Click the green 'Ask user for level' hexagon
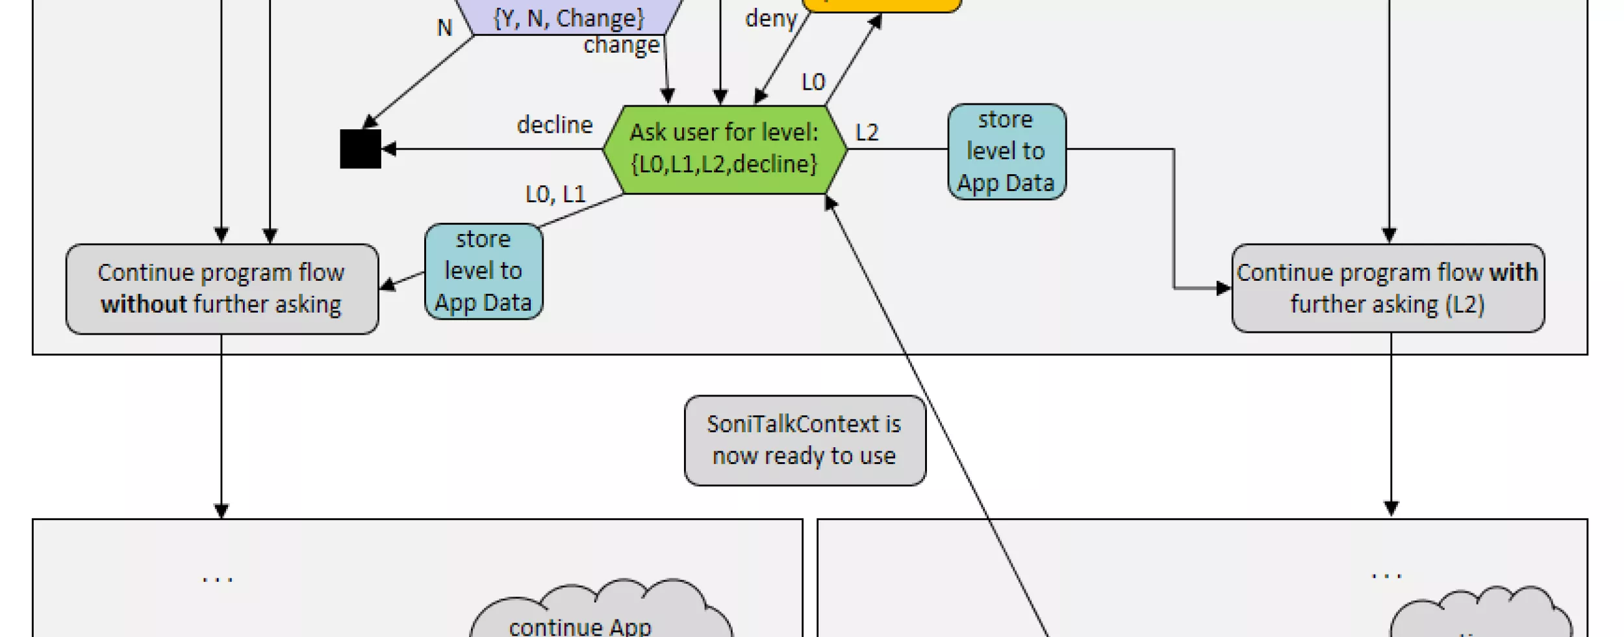coord(724,149)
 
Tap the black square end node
coord(361,149)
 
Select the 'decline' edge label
coord(555,125)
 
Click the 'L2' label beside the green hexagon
coord(867,133)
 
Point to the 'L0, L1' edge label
coord(555,194)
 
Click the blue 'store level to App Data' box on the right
coord(1006,151)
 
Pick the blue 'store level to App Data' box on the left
coord(483,271)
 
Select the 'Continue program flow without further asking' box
coord(222,289)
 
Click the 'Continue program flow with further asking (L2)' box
coord(1388,289)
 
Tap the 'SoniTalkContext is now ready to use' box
coord(804,440)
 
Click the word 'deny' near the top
coord(770,19)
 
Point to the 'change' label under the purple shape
coord(621,45)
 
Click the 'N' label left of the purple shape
coord(444,28)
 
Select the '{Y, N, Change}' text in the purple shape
coord(568,18)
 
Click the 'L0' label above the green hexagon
coord(813,83)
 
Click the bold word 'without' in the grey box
coord(144,304)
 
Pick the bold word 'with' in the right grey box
coord(1514,272)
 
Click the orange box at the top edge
coord(882,5)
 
